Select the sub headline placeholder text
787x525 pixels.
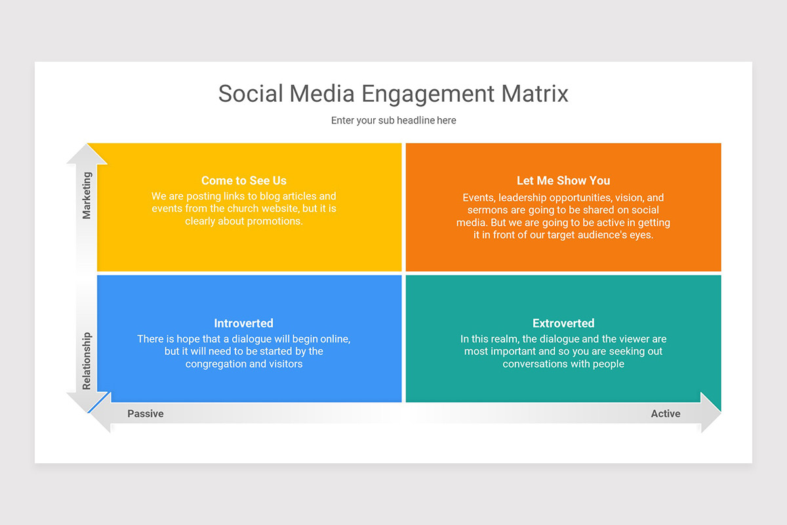[x=393, y=120]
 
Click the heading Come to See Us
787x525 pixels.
[x=244, y=180]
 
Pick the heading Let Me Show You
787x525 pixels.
[x=563, y=180]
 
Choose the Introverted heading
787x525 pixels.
[x=243, y=323]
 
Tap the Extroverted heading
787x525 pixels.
[x=563, y=323]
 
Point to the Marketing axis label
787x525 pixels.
[x=87, y=196]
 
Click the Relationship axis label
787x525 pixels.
[x=87, y=361]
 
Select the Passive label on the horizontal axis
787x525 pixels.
[x=146, y=413]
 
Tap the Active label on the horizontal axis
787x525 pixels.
[x=666, y=413]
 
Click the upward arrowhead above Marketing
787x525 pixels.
[x=87, y=154]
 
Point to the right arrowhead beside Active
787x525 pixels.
[x=711, y=413]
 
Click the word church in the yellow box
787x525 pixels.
[x=247, y=209]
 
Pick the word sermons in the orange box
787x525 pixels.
[x=485, y=210]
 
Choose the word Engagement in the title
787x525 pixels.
[x=428, y=94]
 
